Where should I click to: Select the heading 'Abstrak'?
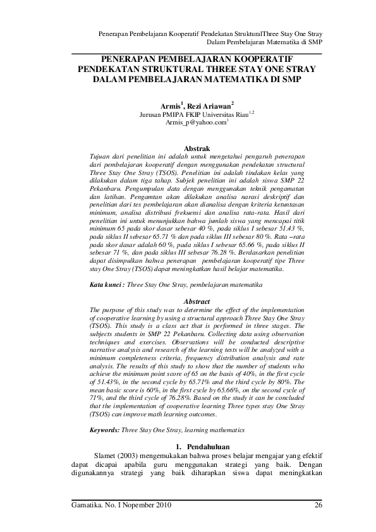click(x=187, y=149)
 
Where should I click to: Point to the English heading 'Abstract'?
click(x=187, y=303)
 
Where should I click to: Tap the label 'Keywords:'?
click(x=104, y=430)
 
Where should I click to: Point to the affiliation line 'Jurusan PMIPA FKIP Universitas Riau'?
click(x=185, y=115)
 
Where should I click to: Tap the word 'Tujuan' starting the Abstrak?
click(x=100, y=157)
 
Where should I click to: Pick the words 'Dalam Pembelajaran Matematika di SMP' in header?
click(x=265, y=42)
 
